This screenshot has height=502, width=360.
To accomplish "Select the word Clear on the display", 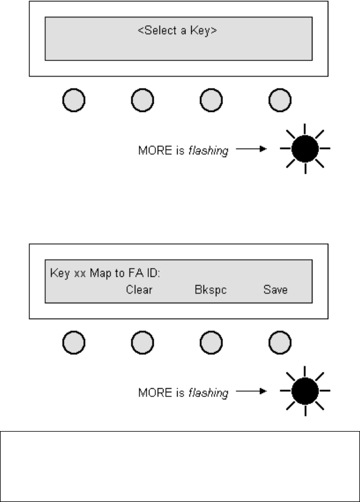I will (x=139, y=290).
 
